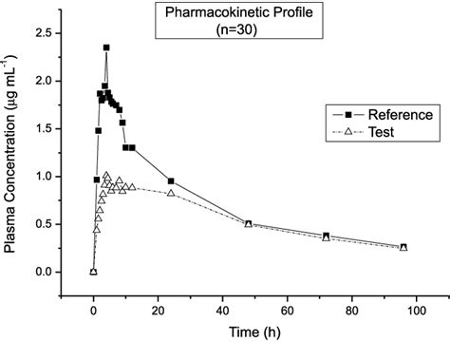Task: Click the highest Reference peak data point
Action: pos(106,47)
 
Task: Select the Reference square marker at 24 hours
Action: pos(171,180)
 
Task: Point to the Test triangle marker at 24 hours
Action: pos(171,193)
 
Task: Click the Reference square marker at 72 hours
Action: pos(326,236)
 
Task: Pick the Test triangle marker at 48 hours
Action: pos(249,224)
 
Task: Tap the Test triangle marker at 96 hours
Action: pos(403,248)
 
